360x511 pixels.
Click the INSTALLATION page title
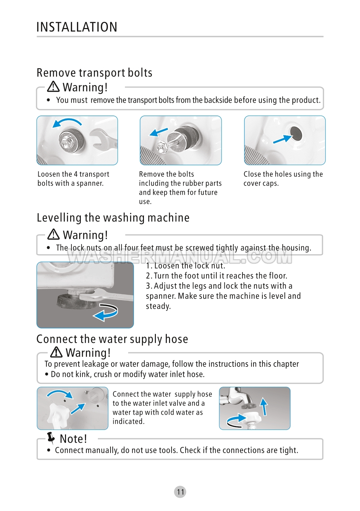tap(77, 27)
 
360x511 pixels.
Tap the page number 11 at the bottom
tap(180, 492)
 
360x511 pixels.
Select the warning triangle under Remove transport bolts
tap(53, 87)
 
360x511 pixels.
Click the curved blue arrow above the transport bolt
tap(67, 122)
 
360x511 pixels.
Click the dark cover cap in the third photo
tap(296, 134)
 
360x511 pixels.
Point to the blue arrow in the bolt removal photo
tap(158, 132)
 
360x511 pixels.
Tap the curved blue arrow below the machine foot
tap(105, 312)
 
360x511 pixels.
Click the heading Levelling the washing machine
tap(113, 217)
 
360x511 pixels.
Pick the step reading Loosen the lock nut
tap(185, 266)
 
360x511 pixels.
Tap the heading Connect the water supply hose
tap(112, 339)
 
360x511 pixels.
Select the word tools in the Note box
tap(168, 450)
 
